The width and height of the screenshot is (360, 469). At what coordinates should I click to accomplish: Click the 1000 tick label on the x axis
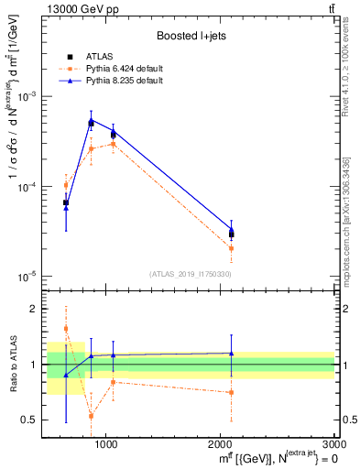(106, 444)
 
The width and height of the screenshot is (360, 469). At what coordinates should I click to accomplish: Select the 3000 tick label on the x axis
(334, 444)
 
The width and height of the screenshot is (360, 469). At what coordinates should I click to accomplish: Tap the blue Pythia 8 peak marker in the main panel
(91, 121)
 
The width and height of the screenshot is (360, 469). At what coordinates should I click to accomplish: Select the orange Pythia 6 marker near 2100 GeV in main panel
(231, 248)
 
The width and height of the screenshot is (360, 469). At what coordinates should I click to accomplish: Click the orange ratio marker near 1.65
(66, 328)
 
